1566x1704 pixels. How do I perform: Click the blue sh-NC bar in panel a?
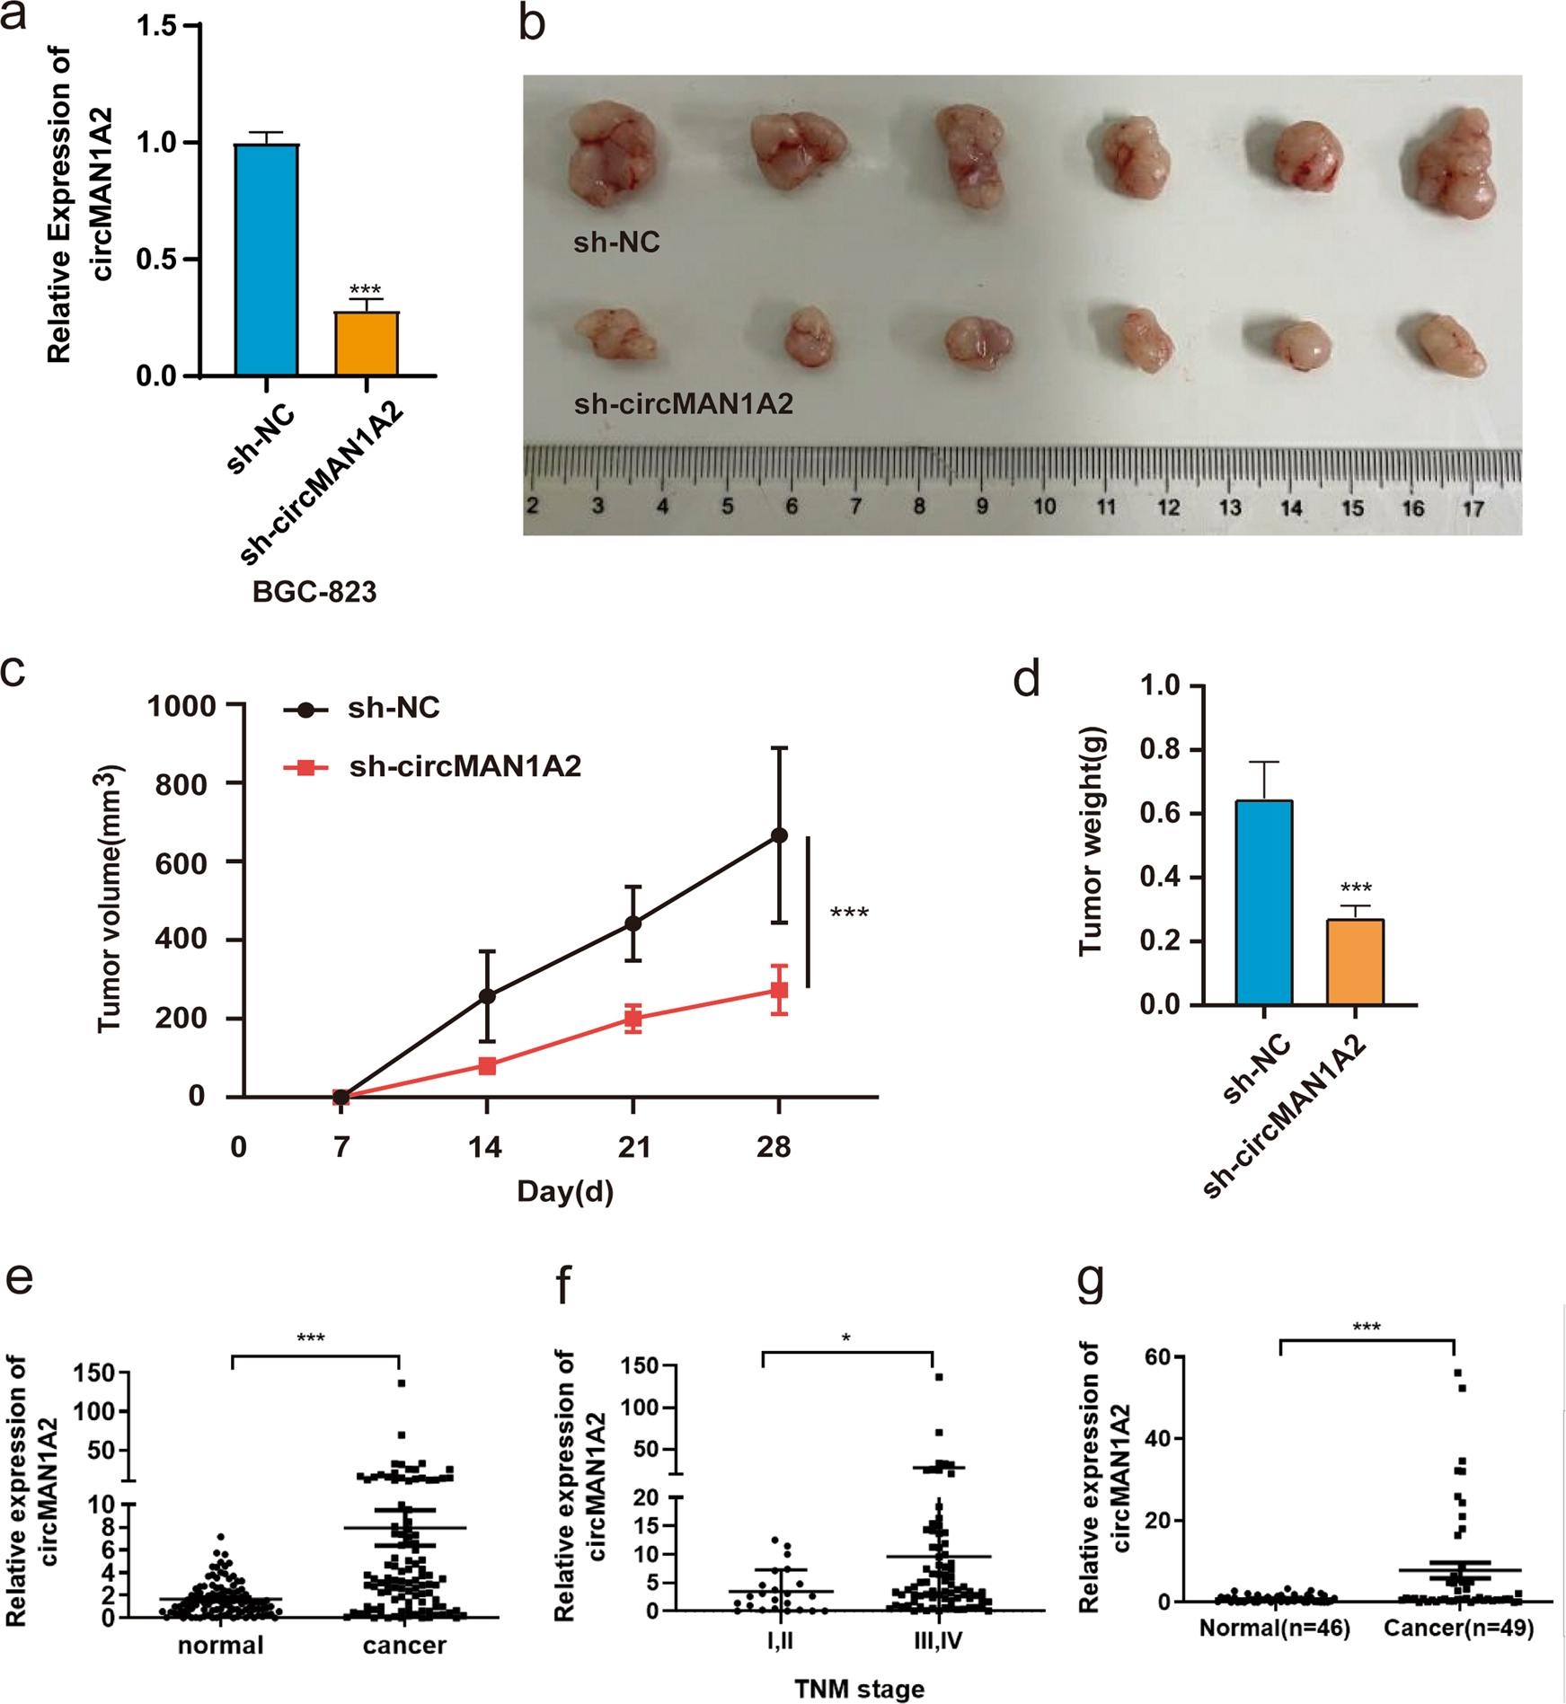(x=267, y=260)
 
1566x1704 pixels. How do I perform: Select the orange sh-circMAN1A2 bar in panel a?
(x=367, y=343)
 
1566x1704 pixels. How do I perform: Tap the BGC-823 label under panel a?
(x=314, y=592)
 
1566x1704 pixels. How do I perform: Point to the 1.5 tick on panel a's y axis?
(x=157, y=26)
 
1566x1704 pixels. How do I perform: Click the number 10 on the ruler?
(x=1044, y=507)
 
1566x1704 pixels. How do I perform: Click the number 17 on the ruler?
(x=1473, y=509)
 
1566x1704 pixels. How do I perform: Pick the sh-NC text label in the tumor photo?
(x=616, y=243)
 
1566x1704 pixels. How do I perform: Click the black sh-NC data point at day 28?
(x=779, y=835)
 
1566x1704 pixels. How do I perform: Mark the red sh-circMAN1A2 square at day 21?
(x=633, y=1019)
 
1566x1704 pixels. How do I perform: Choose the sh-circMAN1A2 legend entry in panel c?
(x=464, y=766)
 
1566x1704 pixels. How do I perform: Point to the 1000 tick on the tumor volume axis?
(x=182, y=706)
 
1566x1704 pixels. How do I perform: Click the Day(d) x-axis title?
(x=565, y=1191)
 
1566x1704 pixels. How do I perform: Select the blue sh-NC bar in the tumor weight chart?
(x=1264, y=902)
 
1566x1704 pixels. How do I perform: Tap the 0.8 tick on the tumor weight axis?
(x=1160, y=749)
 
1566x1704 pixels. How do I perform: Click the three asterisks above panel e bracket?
(x=311, y=1338)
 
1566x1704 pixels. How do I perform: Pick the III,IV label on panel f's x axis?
(x=938, y=1641)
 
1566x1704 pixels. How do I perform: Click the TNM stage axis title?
(x=859, y=1689)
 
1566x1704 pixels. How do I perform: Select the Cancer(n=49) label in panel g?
(x=1458, y=1627)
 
